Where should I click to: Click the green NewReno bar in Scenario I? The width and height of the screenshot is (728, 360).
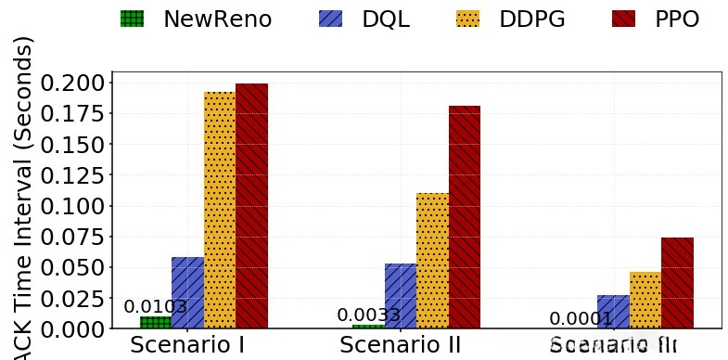pos(155,322)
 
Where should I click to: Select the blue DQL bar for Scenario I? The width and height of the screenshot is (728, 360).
pos(187,292)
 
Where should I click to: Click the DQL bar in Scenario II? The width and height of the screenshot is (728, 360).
pos(401,295)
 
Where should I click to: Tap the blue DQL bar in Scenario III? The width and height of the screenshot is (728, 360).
pos(613,312)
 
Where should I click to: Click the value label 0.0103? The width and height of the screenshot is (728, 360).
pos(156,306)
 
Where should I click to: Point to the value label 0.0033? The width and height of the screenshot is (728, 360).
pos(368,315)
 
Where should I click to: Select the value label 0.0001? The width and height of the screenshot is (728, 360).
pos(581,319)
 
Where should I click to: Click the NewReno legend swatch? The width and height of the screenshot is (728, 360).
pos(133,19)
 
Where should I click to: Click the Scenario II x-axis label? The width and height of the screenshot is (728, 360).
pos(400,345)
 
